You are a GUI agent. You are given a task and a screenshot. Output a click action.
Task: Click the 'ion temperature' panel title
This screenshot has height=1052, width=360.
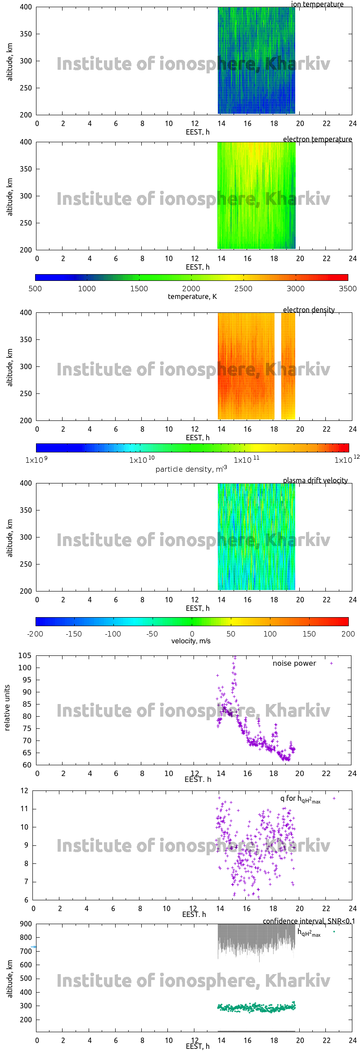coord(317,5)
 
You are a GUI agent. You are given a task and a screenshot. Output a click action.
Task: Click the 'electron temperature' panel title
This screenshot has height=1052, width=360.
coord(317,140)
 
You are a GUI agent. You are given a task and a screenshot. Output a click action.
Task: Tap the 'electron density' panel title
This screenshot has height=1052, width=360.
coord(309,310)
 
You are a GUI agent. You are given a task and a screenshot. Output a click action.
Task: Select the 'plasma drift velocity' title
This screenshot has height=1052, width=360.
coord(315,481)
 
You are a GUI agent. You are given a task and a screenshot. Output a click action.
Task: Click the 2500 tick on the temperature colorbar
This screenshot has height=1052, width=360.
coord(243,289)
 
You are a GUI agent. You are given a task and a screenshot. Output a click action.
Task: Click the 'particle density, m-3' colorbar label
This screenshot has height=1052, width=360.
coord(191,469)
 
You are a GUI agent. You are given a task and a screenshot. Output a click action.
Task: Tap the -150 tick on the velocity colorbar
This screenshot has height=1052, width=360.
coord(74,634)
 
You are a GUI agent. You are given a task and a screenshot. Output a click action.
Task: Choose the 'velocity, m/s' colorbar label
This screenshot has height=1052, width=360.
coord(191,641)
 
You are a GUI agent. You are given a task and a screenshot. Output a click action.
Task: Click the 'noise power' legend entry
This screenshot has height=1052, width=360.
coord(294,664)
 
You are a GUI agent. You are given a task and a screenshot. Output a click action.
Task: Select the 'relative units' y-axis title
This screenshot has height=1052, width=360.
coord(7,708)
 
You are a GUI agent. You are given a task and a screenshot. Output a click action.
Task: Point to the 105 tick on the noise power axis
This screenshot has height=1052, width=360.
coord(25,655)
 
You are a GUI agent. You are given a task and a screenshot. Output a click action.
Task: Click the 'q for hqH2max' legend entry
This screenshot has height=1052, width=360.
coord(300,799)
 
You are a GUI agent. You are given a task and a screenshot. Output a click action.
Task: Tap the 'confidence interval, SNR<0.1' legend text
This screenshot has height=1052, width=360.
coord(309,921)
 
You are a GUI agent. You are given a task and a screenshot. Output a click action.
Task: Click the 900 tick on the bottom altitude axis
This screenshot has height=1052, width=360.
coord(26,924)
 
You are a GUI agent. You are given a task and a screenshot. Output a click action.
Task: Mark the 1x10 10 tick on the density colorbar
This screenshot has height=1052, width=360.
coord(142,460)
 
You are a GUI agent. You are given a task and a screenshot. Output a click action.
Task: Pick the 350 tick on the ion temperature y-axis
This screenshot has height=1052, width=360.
coord(26,34)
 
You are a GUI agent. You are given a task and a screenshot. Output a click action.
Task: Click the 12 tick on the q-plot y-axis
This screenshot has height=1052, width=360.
coord(24,791)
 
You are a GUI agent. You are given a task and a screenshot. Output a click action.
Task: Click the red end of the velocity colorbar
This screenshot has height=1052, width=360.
coord(346,622)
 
